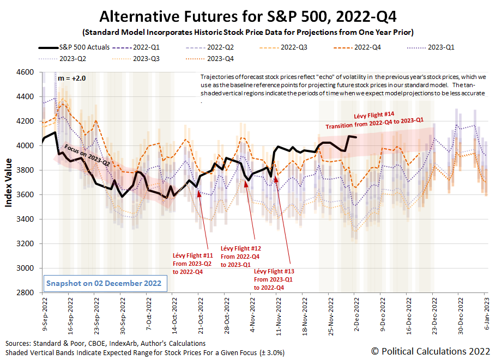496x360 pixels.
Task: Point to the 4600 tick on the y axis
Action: coord(26,72)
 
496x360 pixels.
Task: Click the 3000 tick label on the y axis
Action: coord(26,269)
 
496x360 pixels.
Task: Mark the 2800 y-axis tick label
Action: coord(26,293)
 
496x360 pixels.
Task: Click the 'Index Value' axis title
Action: coord(9,183)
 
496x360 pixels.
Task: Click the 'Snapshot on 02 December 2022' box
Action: coord(104,284)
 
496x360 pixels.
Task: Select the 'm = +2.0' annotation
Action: coord(72,78)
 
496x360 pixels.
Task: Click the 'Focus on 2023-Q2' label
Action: coord(87,155)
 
